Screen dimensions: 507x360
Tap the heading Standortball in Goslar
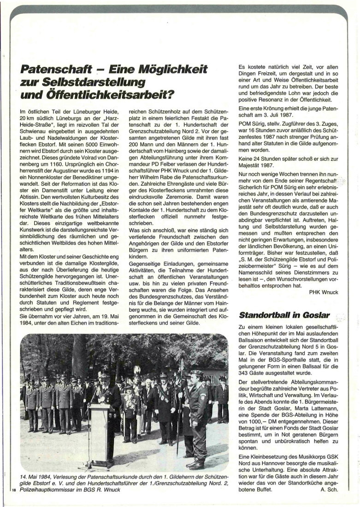[285, 315]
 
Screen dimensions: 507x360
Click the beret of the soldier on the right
[197, 372]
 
